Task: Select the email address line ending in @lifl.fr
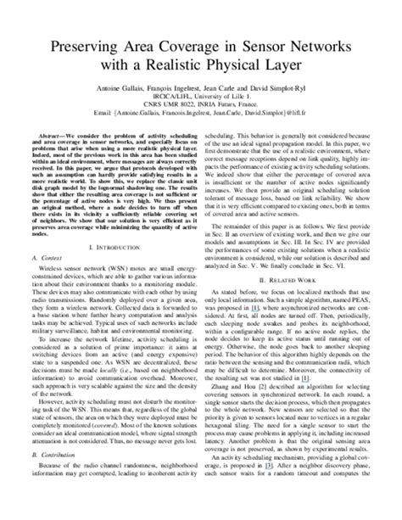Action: tap(200, 128)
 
